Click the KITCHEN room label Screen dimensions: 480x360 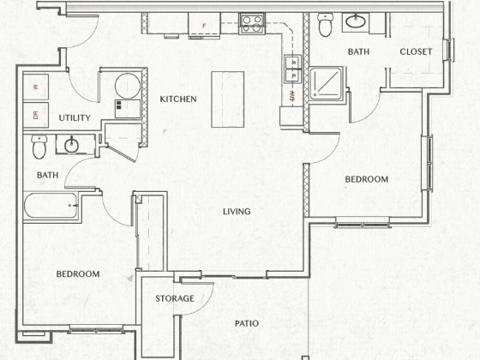click(x=178, y=99)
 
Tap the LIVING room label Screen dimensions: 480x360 click(x=237, y=212)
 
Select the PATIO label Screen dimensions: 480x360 click(x=247, y=324)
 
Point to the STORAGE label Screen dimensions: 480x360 click(x=175, y=298)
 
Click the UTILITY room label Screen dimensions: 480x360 click(x=75, y=118)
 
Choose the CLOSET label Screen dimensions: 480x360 click(x=416, y=51)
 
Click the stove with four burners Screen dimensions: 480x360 click(x=252, y=24)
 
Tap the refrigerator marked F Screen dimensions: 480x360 click(x=204, y=25)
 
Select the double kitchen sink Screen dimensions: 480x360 click(x=292, y=69)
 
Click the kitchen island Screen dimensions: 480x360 click(x=228, y=99)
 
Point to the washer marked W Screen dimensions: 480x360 click(x=36, y=87)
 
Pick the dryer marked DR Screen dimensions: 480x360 click(x=36, y=115)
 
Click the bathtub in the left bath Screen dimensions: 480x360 click(x=51, y=205)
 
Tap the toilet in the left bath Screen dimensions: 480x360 click(x=39, y=147)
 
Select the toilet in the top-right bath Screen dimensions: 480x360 click(x=325, y=25)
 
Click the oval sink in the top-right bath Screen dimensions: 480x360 click(x=356, y=21)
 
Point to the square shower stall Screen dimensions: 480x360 click(x=326, y=84)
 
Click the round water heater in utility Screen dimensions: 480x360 click(x=128, y=86)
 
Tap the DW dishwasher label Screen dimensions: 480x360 click(x=292, y=96)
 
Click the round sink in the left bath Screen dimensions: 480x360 click(x=71, y=145)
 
